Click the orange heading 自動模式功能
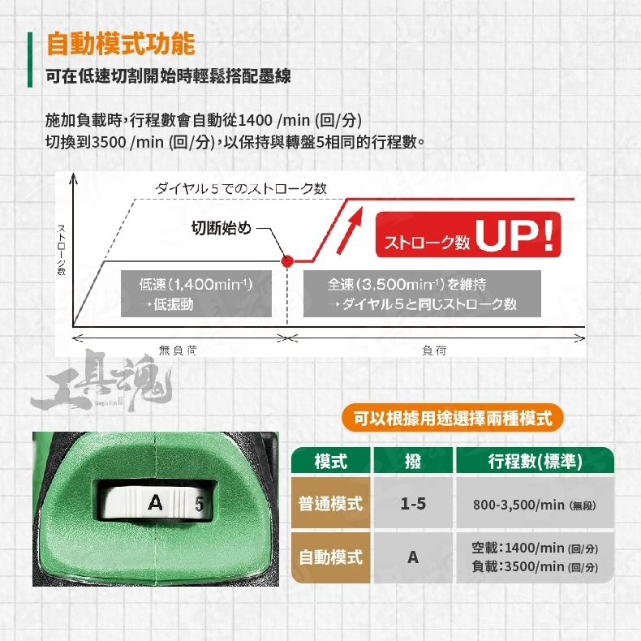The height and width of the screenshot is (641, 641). pyautogui.click(x=121, y=44)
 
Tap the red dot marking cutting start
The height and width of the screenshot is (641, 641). pyautogui.click(x=287, y=260)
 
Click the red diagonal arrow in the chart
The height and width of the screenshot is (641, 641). pyautogui.click(x=350, y=230)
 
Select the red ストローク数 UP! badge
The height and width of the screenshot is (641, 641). pyautogui.click(x=468, y=234)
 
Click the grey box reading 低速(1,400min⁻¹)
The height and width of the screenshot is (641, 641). pyautogui.click(x=196, y=294)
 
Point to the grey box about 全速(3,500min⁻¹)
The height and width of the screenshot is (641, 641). pyautogui.click(x=422, y=294)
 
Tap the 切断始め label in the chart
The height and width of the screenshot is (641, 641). pyautogui.click(x=222, y=228)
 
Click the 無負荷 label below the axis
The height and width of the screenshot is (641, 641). pyautogui.click(x=178, y=351)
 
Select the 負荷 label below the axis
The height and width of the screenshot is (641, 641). pyautogui.click(x=434, y=351)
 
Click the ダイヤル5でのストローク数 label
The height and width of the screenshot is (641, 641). pyautogui.click(x=241, y=188)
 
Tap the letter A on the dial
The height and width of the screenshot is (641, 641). pyautogui.click(x=155, y=502)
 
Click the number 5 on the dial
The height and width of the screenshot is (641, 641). pyautogui.click(x=199, y=504)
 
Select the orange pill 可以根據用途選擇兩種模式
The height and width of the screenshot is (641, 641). pyautogui.click(x=453, y=418)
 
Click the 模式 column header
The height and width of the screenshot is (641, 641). pyautogui.click(x=331, y=461)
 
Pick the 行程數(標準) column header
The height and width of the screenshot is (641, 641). pyautogui.click(x=536, y=461)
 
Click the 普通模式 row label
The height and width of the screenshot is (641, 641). pyautogui.click(x=331, y=503)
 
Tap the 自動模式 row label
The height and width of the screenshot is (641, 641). pyautogui.click(x=331, y=557)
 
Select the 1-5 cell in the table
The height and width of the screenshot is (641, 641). pyautogui.click(x=413, y=503)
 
